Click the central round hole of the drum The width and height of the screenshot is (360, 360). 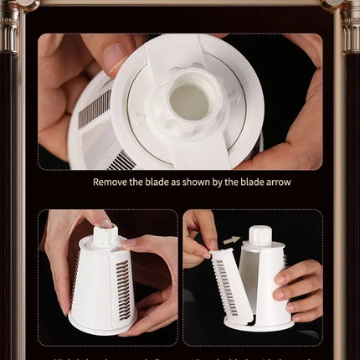190,100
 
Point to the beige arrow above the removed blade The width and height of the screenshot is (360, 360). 232,240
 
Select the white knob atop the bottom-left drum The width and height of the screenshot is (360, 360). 105,234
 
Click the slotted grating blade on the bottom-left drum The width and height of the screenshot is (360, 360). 123,288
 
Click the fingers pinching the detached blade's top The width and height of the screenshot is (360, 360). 198,237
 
